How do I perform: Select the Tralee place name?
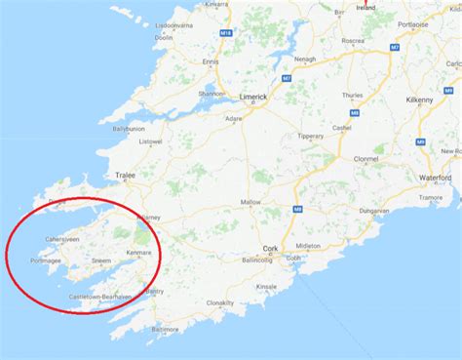[x=126, y=176]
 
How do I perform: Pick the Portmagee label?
[x=46, y=260]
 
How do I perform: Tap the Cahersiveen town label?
[x=65, y=238]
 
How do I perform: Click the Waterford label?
[x=436, y=178]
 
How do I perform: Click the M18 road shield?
[x=226, y=33]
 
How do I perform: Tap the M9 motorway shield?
[x=421, y=141]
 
